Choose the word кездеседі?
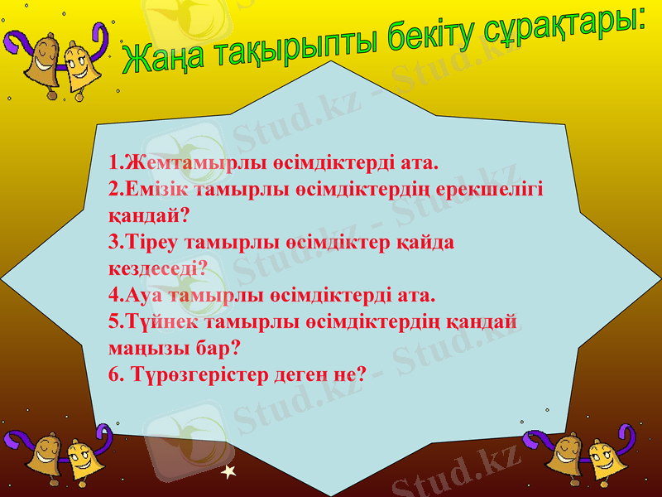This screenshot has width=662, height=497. [156, 268]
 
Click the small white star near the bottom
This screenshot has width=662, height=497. [230, 472]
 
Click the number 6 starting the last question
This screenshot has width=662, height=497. [113, 374]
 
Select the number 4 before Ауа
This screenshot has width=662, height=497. [113, 295]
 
